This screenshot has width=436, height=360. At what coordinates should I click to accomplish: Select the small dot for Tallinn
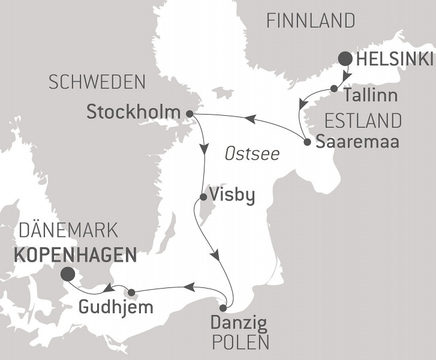[x=334, y=89]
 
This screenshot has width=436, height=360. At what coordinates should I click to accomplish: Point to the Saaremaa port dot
[x=307, y=143]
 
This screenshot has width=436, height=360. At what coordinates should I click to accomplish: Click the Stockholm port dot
[x=190, y=113]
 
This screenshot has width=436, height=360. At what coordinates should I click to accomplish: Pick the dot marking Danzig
[x=223, y=308]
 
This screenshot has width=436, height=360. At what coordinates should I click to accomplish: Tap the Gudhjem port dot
[x=132, y=293]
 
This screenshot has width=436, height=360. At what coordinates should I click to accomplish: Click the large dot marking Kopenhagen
[x=68, y=274]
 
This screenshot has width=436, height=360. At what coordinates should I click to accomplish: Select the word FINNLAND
[x=311, y=22]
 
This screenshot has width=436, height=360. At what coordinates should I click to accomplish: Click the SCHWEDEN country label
[x=97, y=83]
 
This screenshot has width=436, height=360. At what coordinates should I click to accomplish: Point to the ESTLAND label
[x=363, y=120]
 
